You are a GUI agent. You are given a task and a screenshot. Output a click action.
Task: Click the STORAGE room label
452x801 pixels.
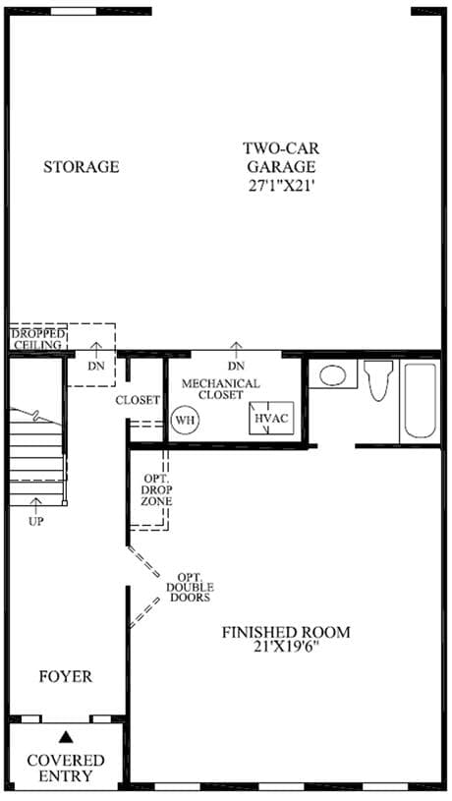[x=82, y=167]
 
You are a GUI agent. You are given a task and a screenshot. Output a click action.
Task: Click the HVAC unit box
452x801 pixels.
[x=271, y=419]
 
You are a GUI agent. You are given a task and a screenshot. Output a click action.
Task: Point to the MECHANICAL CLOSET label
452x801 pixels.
[x=221, y=389]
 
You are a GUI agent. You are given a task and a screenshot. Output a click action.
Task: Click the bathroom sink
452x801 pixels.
[x=332, y=374]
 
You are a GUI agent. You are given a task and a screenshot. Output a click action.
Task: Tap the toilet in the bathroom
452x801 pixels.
[x=378, y=380]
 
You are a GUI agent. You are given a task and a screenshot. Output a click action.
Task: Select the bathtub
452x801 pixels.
[x=421, y=401]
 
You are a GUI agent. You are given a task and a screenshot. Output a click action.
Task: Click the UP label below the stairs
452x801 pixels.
[x=35, y=522]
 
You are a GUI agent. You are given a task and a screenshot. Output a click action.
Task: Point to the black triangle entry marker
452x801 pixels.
[x=65, y=737]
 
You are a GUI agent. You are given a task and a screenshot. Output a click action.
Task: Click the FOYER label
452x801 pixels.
[x=66, y=677]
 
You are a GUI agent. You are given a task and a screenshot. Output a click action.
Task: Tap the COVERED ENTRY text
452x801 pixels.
[x=66, y=768]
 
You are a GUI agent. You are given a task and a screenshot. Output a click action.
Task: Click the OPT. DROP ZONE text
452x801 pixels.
[x=157, y=489]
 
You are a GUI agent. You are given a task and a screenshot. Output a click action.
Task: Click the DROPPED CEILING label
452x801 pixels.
[x=38, y=340]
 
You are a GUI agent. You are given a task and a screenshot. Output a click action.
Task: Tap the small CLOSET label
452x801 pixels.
[x=138, y=401]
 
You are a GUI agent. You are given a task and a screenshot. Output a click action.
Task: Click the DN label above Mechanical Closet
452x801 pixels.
[x=236, y=367]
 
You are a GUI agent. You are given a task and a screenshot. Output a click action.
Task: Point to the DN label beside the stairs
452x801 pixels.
[x=95, y=367]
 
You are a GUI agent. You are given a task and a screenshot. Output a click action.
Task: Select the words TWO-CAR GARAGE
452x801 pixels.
[x=280, y=157]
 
